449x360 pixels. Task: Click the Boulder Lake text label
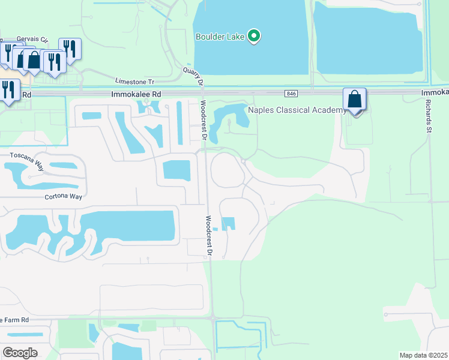point(220,37)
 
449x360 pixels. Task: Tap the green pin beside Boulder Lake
point(254,36)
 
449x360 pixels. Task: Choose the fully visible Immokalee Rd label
point(136,94)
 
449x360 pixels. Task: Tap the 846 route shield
point(292,93)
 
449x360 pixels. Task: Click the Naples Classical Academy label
point(297,110)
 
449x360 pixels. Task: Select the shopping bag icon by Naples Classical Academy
point(354,100)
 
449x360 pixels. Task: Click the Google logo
point(20,352)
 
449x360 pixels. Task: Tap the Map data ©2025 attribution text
point(423,355)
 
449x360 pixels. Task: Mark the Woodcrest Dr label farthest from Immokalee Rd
point(209,236)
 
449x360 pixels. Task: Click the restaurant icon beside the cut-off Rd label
point(8,90)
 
